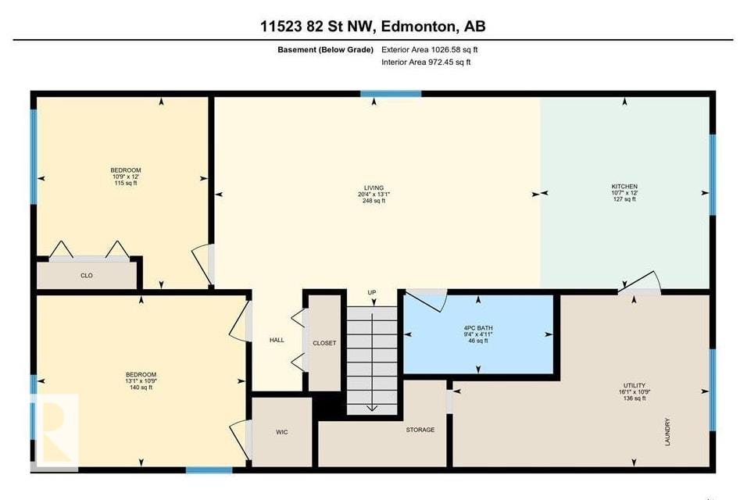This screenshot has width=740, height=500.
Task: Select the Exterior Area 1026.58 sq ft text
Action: (428, 49)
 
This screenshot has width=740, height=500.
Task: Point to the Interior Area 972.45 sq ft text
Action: (426, 62)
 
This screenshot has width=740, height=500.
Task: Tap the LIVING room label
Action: (373, 187)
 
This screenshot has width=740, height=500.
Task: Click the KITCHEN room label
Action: (624, 187)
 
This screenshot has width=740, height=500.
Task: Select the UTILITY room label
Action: (634, 385)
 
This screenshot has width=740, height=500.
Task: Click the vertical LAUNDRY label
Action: (667, 432)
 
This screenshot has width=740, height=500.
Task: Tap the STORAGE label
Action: (420, 430)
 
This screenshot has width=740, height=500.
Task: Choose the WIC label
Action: (283, 431)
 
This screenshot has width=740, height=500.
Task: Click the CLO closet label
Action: (87, 275)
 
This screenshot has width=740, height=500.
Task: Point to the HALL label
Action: (277, 340)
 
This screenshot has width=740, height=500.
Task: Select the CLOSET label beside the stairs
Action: (324, 343)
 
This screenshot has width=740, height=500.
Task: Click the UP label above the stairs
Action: (372, 293)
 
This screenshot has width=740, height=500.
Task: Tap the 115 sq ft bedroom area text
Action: (125, 183)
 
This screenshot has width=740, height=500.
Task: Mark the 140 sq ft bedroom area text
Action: (141, 387)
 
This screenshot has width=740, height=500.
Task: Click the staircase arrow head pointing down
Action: (373, 406)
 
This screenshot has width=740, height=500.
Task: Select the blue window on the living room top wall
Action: (391, 94)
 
